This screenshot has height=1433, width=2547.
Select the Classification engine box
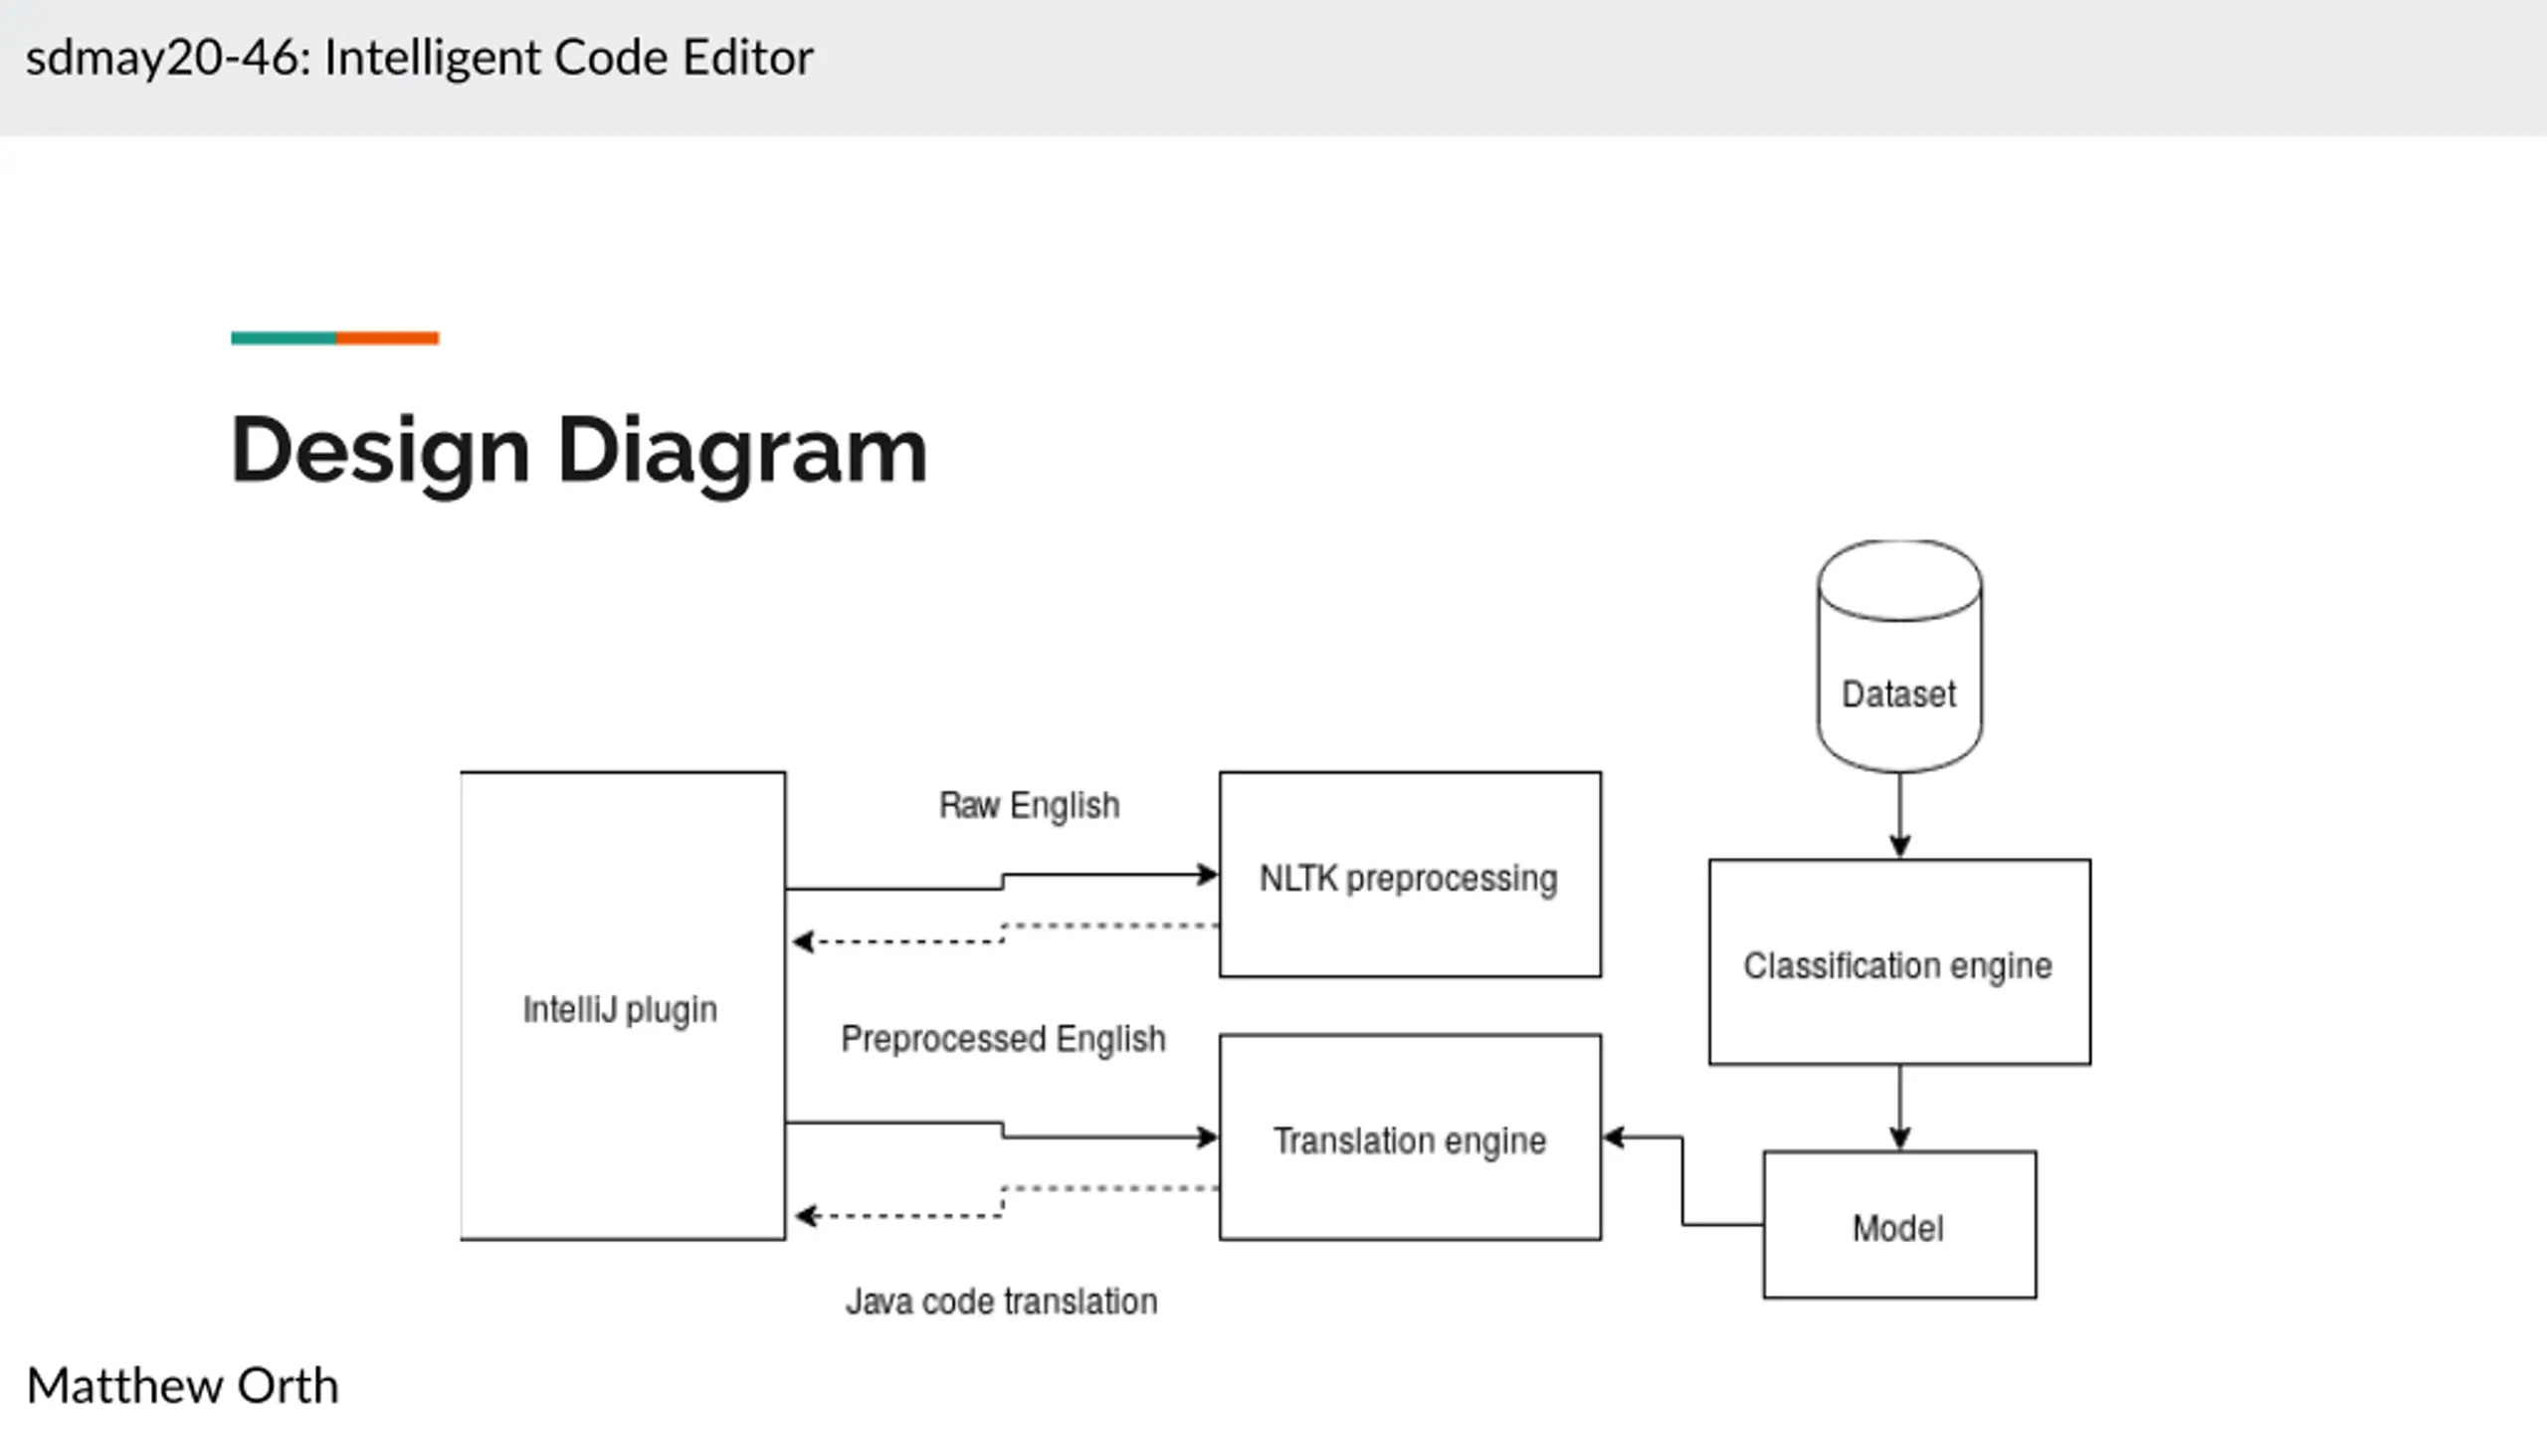[x=1898, y=962]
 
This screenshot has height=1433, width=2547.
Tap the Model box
[x=1898, y=1225]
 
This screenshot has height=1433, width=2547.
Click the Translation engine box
[x=1409, y=1137]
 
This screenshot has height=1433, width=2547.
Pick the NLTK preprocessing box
[x=1409, y=875]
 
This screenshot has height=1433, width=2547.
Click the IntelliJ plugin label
[x=620, y=1009]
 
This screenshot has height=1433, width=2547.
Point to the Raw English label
[x=1029, y=805]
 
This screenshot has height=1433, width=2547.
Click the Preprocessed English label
[x=1003, y=1039]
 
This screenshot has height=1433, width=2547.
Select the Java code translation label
[x=1001, y=1302]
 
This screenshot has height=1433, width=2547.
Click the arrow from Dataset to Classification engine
[x=1899, y=814]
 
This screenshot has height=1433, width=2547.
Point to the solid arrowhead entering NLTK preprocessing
[x=1207, y=876]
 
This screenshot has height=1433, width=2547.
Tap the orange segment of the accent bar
[x=387, y=338]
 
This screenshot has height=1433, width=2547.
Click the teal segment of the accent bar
[x=284, y=338]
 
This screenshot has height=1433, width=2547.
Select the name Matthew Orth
[x=182, y=1385]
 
